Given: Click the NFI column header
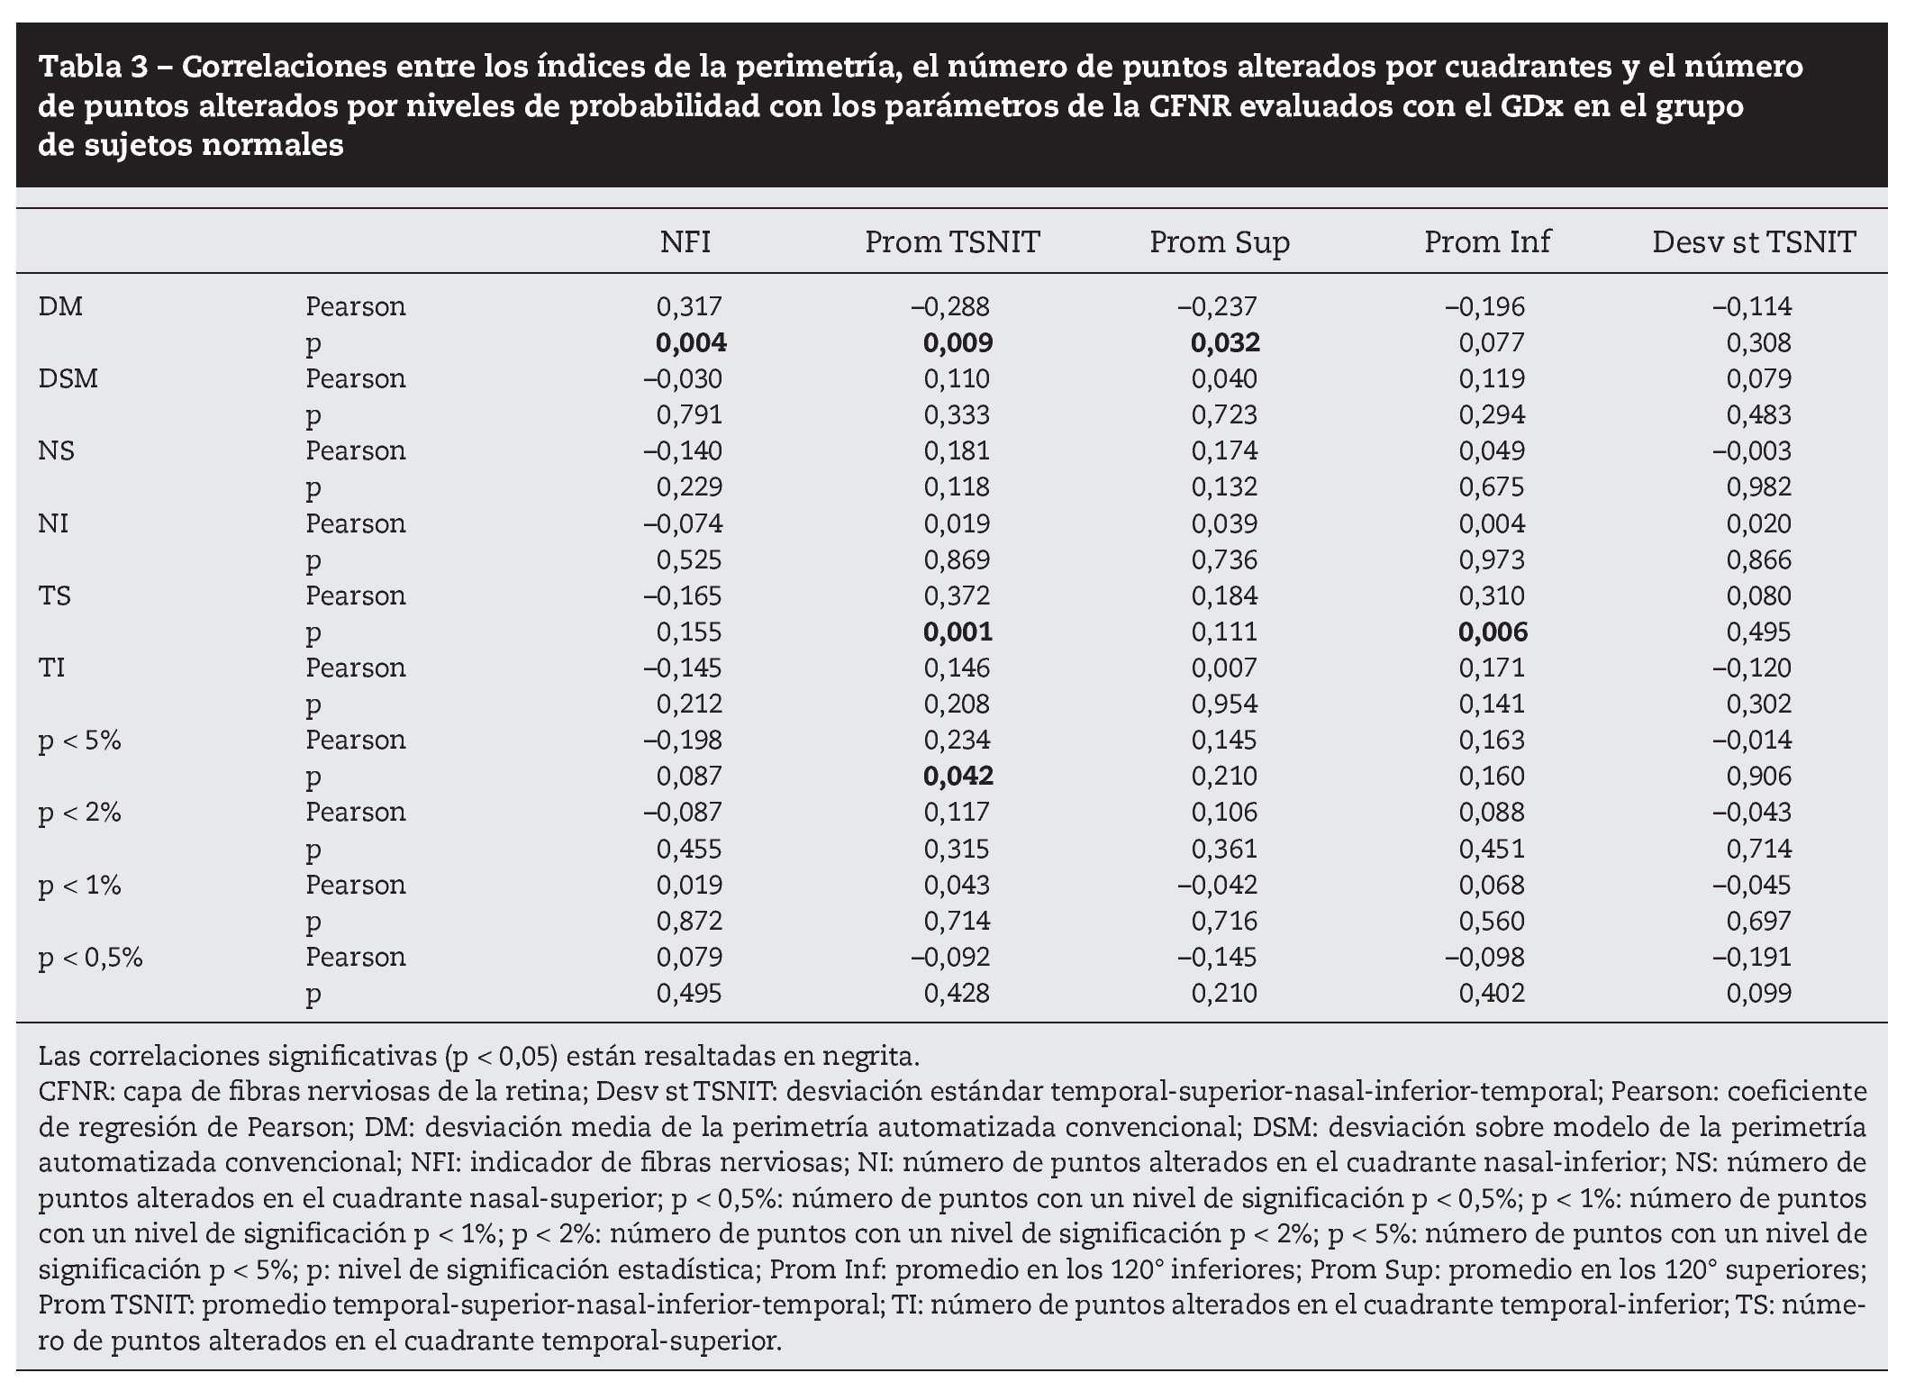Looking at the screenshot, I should click(685, 241).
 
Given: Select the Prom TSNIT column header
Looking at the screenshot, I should click(952, 241).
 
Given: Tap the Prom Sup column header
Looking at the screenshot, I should click(1219, 241).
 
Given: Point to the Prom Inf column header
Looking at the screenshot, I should click(1487, 241).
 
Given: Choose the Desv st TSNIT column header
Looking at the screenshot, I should click(1754, 241).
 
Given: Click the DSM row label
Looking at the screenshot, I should click(68, 378).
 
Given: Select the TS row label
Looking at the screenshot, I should click(55, 595).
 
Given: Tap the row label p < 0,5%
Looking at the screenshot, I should click(90, 957).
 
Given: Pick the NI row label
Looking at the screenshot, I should click(53, 523).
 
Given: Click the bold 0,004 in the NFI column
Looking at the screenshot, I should click(690, 342).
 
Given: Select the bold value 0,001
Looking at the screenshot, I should click(958, 632).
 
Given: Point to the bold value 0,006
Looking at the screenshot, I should click(1493, 632).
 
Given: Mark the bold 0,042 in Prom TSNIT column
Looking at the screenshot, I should click(958, 776).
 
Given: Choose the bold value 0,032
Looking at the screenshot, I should click(1225, 342).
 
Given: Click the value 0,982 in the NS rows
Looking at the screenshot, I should click(1758, 486).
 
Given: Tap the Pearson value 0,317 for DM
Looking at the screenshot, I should click(689, 306).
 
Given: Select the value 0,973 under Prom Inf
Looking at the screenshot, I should click(1492, 559).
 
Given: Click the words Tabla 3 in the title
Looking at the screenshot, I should click(99, 67).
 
